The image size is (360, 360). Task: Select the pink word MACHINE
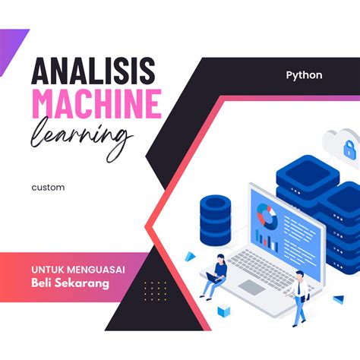point(96,104)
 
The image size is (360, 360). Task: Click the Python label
point(304,75)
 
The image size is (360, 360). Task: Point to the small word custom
point(48,187)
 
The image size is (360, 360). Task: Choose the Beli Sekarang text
point(70,283)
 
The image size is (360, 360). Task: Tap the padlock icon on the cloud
point(350,150)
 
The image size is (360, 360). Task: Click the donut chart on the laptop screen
point(266,215)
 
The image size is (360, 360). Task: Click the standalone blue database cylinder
point(215,216)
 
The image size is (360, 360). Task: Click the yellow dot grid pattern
point(155,289)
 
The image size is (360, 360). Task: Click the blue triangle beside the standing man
point(337,299)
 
